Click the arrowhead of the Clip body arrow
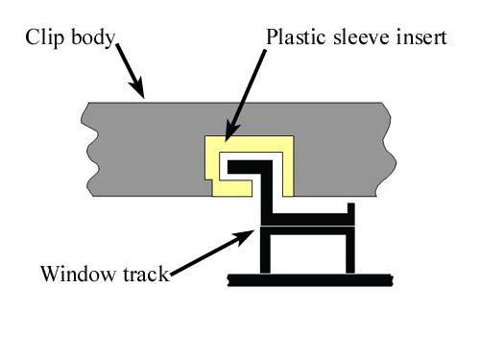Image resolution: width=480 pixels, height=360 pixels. click(x=143, y=92)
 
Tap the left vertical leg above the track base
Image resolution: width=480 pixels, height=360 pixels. click(x=265, y=254)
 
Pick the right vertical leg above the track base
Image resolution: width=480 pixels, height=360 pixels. click(x=350, y=254)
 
